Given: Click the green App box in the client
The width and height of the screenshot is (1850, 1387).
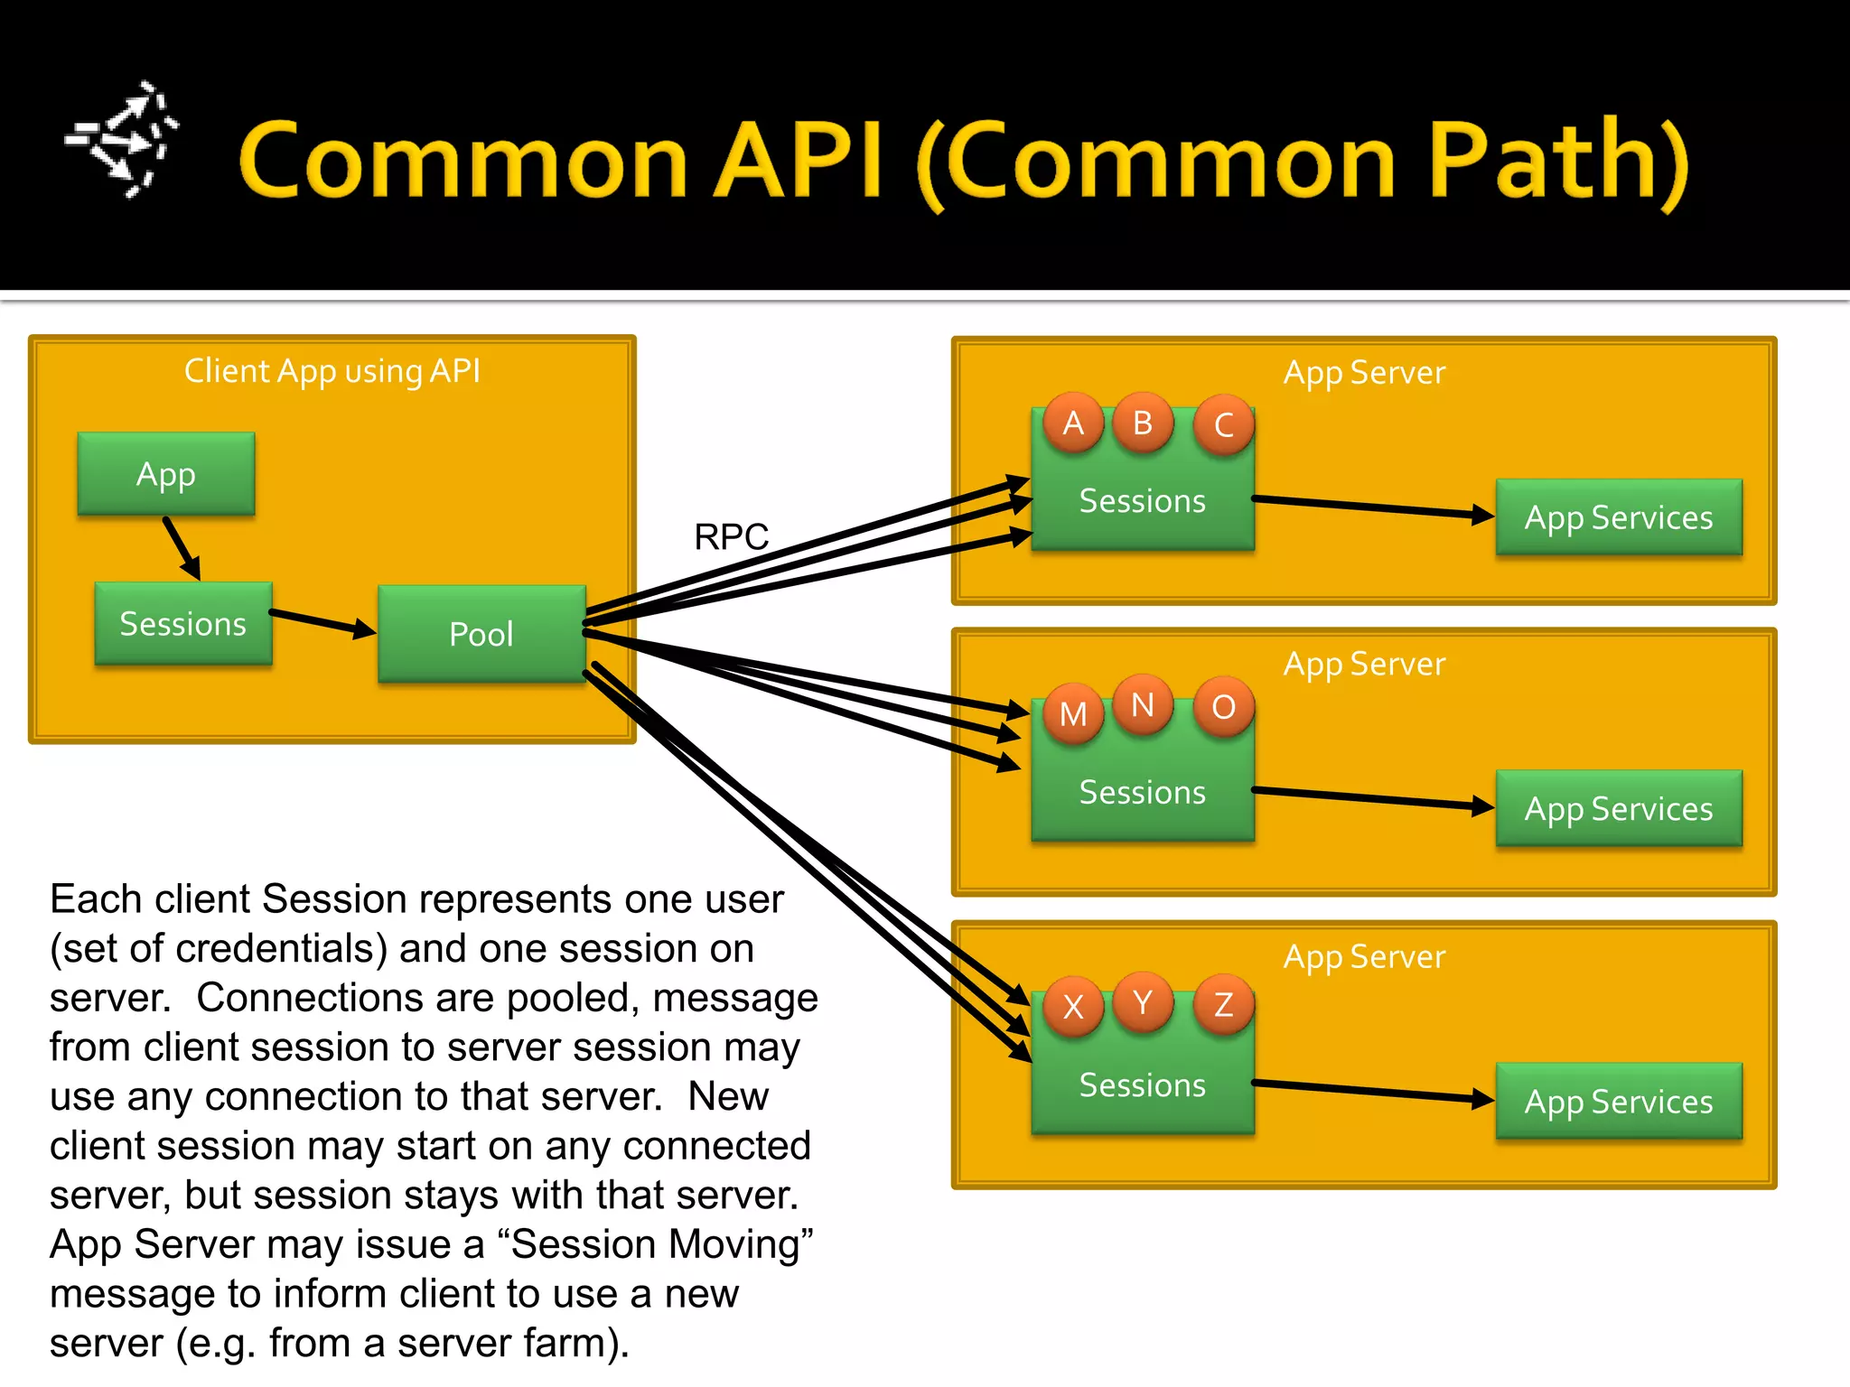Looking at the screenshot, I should click(x=166, y=474).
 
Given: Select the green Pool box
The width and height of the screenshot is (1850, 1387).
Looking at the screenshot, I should click(x=481, y=634).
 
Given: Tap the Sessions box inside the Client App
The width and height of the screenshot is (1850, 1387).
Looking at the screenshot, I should click(x=183, y=624).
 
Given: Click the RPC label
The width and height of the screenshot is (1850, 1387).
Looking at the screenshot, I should click(x=731, y=536).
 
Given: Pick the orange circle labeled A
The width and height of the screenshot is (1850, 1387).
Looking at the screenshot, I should click(x=1073, y=423).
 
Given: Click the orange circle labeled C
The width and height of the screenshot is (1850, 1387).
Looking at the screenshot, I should click(x=1224, y=424).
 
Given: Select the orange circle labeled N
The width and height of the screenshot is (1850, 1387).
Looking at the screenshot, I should click(x=1143, y=704).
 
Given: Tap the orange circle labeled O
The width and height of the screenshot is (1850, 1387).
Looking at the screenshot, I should click(x=1224, y=707).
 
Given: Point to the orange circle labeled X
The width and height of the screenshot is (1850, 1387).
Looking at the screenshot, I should click(x=1073, y=1006).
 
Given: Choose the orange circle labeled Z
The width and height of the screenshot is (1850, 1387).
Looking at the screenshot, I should click(x=1224, y=1004).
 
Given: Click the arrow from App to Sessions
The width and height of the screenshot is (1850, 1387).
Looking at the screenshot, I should click(x=182, y=548).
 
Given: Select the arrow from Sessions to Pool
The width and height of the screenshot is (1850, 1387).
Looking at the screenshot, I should click(x=322, y=622).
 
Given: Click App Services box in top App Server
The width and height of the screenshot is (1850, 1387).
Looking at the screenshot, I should click(x=1619, y=517).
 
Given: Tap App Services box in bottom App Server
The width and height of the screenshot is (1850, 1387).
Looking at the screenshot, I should click(x=1619, y=1102).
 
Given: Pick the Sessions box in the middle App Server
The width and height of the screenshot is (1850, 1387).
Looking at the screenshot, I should click(x=1143, y=793).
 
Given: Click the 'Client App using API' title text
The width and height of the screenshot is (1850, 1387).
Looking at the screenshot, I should click(x=332, y=371).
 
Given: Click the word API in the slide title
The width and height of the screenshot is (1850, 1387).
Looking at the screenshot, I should click(x=799, y=161).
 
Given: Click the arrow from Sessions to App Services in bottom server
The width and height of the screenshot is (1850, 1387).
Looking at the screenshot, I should click(x=1373, y=1091).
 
